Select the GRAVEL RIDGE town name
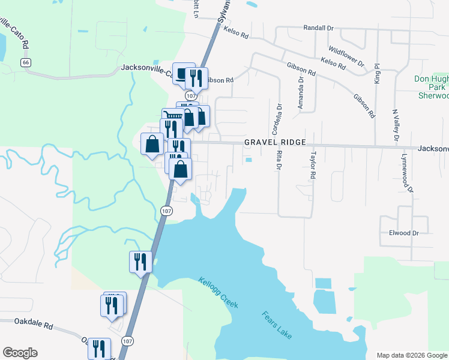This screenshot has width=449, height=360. (275, 142)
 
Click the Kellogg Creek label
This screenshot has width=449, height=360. (218, 293)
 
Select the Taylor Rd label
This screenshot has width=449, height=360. (313, 164)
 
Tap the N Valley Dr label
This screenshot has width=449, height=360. (396, 125)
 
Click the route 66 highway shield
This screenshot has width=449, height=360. (25, 62)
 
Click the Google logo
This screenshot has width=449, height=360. (20, 353)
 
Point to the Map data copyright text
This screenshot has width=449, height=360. (412, 355)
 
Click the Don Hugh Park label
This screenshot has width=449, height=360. (431, 83)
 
